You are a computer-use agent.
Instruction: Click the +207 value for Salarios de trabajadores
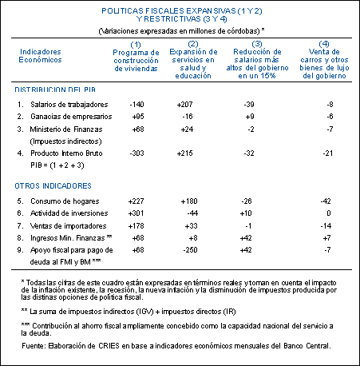pos(184,105)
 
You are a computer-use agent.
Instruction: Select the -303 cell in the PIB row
pos(136,153)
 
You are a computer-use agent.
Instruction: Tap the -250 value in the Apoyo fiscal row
pos(190,250)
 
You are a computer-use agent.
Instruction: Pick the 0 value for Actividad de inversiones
pos(329,213)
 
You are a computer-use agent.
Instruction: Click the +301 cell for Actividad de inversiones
pos(136,213)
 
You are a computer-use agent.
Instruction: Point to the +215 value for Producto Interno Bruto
pos(184,153)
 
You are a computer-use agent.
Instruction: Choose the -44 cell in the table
pos(192,213)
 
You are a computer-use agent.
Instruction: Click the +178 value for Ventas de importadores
pos(136,226)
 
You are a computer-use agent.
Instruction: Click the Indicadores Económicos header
pos(40,56)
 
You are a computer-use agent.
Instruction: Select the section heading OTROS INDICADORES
pos(53,185)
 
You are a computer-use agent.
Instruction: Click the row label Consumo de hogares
pos(65,201)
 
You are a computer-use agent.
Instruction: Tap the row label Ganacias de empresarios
pos(71,117)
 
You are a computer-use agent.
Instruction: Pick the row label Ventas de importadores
pos(68,226)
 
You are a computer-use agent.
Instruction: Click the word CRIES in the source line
pos(109,346)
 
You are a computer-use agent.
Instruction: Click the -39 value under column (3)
pos(249,105)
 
